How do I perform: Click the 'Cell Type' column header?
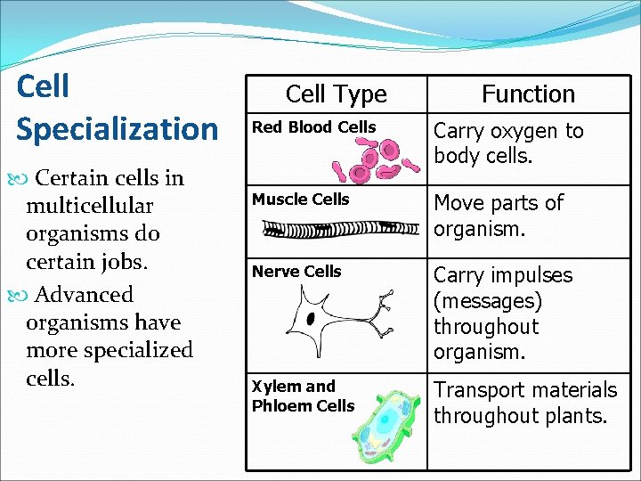pyautogui.click(x=336, y=94)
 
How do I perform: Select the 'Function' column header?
pyautogui.click(x=528, y=94)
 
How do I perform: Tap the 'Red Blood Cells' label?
pyautogui.click(x=314, y=127)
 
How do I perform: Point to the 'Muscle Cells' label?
pyautogui.click(x=301, y=200)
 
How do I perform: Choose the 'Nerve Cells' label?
pyautogui.click(x=296, y=272)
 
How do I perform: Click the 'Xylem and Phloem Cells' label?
pyautogui.click(x=303, y=396)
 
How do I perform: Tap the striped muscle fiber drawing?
pyautogui.click(x=344, y=229)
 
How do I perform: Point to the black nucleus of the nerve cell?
pyautogui.click(x=311, y=318)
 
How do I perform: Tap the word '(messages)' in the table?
pyautogui.click(x=488, y=301)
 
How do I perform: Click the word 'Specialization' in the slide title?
pyautogui.click(x=117, y=128)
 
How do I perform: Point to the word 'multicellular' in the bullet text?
pyautogui.click(x=90, y=206)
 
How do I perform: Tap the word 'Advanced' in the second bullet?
pyautogui.click(x=83, y=295)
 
